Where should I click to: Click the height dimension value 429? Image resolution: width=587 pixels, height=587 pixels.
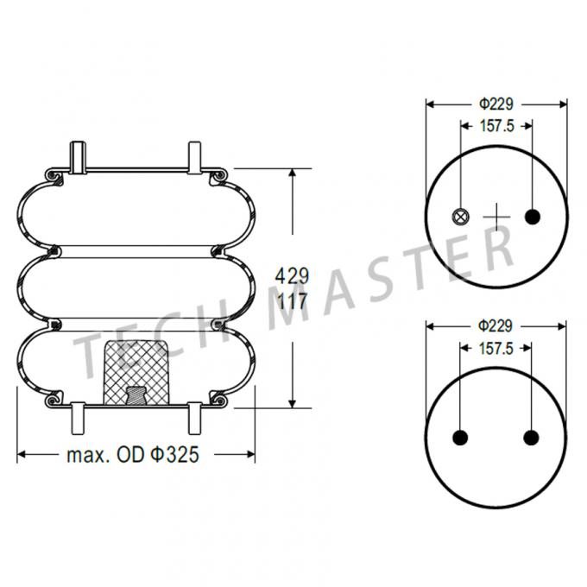click(x=292, y=276)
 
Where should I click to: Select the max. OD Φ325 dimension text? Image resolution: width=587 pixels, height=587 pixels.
click(x=133, y=454)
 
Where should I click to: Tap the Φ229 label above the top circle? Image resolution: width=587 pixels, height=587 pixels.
click(x=496, y=103)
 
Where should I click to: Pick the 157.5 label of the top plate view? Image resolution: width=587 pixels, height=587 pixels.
click(x=496, y=125)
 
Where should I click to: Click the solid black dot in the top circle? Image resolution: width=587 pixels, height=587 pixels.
click(x=532, y=216)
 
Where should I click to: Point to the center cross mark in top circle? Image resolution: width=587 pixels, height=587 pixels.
click(x=497, y=216)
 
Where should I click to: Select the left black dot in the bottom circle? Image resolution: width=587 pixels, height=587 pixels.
click(x=461, y=438)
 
